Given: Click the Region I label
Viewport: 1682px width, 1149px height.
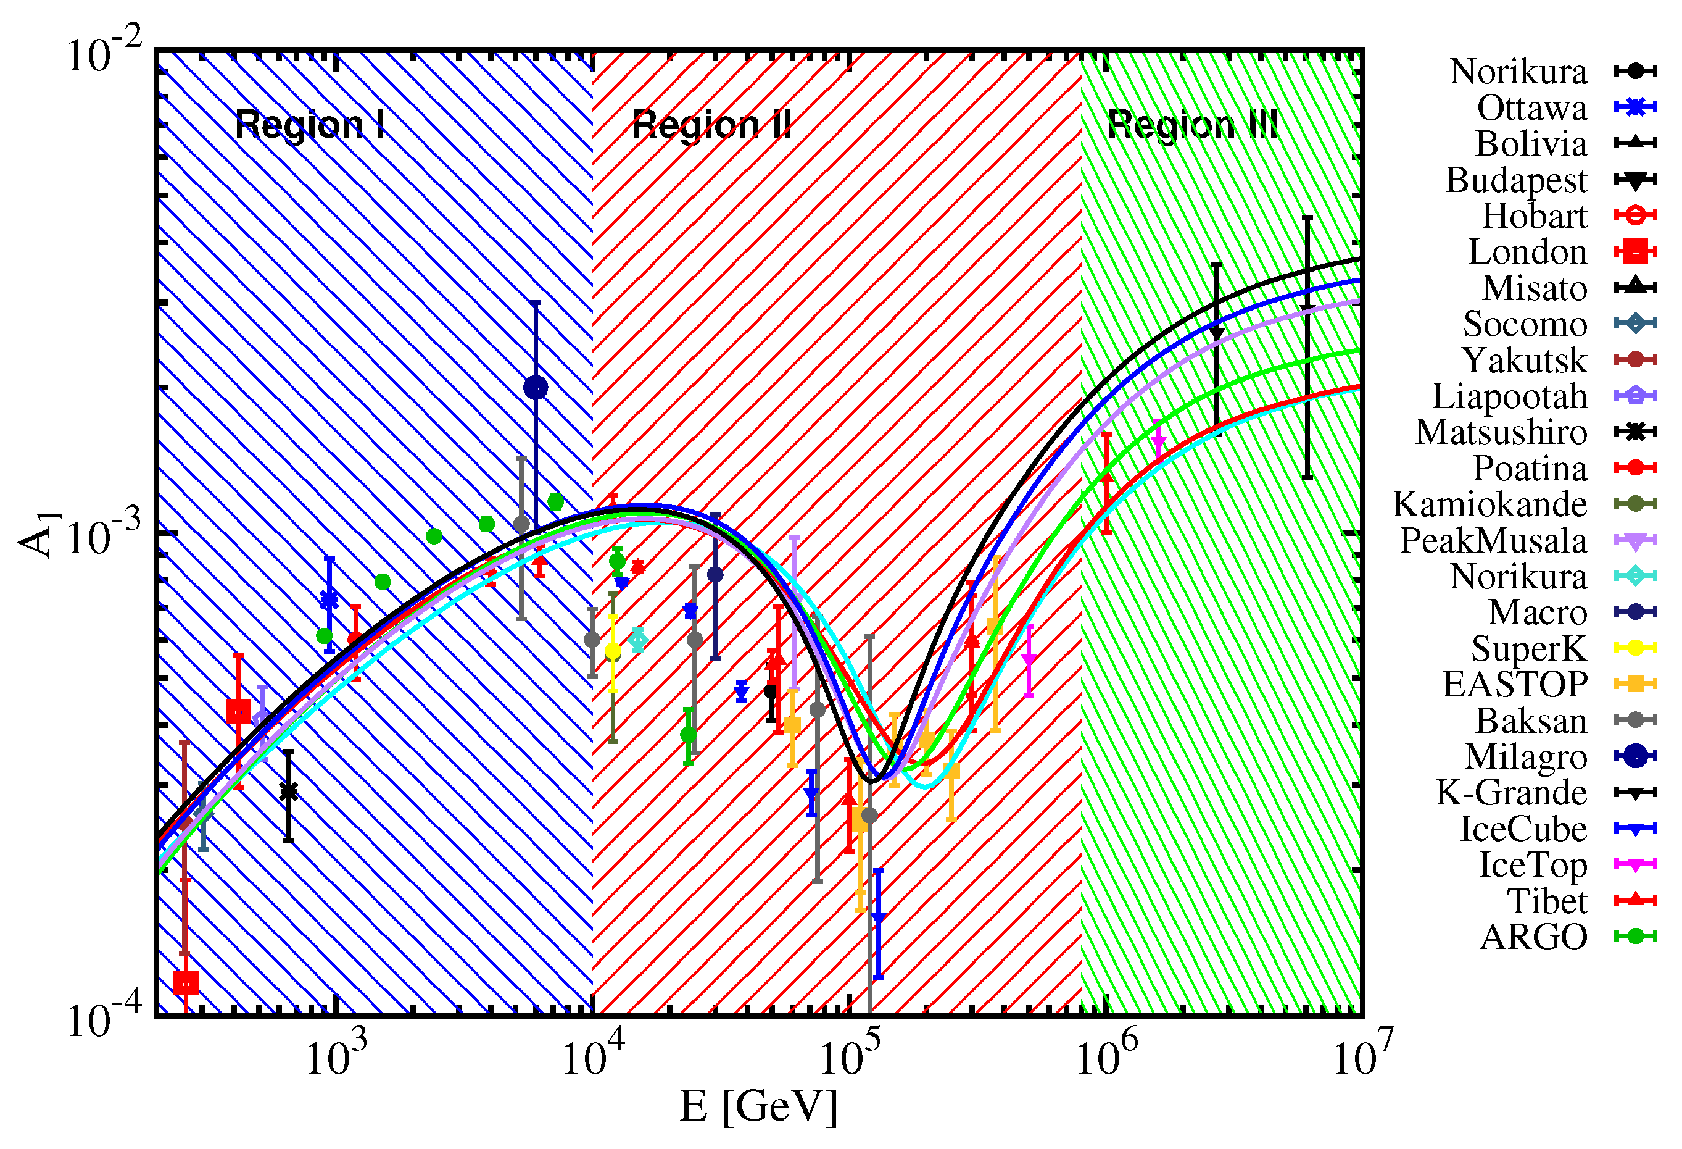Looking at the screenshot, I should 309,125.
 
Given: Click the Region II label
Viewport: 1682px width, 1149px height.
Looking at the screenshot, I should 711,125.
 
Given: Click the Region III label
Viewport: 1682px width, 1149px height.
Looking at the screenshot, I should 1192,125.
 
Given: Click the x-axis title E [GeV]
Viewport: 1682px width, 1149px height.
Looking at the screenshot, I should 758,1106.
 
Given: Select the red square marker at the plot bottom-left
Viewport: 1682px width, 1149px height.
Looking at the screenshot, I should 186,982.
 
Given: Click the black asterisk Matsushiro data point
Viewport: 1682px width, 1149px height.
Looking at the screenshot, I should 289,792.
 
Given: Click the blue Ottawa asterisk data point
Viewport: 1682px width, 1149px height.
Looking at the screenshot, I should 329,600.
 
